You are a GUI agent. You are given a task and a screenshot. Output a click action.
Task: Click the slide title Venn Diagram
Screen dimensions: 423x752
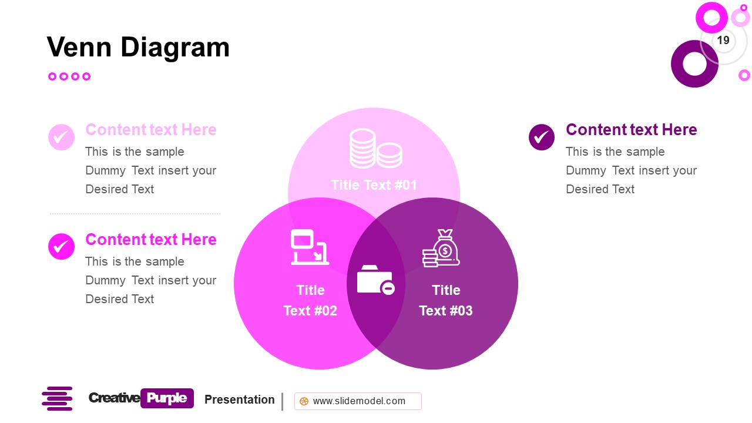(138, 47)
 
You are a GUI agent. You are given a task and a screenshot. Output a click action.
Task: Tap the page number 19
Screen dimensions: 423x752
(723, 40)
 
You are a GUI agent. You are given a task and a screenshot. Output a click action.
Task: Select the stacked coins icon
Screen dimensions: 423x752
(375, 149)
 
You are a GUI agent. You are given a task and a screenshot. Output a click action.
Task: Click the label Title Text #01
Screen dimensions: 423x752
(374, 185)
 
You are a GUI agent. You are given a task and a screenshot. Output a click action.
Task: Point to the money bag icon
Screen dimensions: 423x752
(442, 249)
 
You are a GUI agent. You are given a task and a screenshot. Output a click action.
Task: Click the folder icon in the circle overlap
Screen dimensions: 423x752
(375, 280)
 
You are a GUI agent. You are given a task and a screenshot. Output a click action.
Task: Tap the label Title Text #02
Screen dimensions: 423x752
(310, 300)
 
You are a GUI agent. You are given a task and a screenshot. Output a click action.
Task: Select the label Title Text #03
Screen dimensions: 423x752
(446, 300)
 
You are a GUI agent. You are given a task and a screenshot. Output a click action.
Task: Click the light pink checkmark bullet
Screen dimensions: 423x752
(61, 137)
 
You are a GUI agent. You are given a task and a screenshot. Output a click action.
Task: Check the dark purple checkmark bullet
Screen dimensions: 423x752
(542, 137)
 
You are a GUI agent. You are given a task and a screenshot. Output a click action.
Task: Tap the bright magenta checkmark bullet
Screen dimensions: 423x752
(61, 247)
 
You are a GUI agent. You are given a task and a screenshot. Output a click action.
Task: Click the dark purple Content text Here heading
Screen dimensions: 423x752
(631, 130)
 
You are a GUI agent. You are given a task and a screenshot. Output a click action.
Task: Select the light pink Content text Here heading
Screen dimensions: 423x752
(151, 130)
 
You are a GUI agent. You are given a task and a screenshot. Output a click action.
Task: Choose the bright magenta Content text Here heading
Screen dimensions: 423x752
(151, 240)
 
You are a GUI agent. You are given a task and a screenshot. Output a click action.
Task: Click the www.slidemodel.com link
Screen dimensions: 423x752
(358, 401)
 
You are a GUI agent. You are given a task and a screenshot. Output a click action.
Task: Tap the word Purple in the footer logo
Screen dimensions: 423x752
(167, 398)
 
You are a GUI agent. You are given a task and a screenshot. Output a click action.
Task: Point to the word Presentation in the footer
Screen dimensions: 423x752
(240, 399)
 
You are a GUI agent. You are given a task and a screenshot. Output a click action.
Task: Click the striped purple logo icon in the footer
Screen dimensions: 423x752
(57, 398)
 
